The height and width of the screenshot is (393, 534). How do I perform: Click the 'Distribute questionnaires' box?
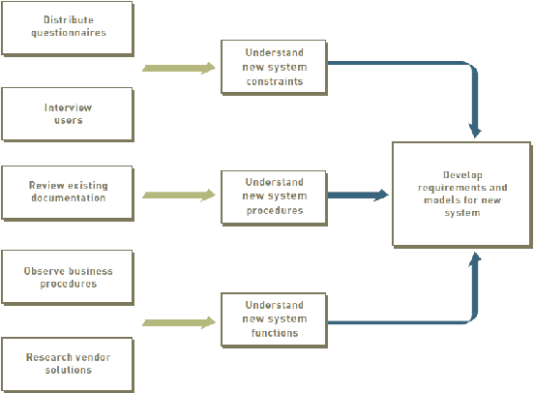[68, 29]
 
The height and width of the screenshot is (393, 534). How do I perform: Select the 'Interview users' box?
[68, 114]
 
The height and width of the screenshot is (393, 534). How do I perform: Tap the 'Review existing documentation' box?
[68, 194]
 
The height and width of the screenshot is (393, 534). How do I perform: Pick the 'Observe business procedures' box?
[68, 278]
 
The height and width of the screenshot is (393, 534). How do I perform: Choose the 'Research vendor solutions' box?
[68, 365]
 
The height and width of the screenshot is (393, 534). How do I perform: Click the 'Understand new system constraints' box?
[274, 68]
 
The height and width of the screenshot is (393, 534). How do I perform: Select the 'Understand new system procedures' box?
[274, 197]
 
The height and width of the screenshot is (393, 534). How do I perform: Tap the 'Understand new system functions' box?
[274, 320]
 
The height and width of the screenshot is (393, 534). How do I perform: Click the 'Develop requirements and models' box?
[462, 195]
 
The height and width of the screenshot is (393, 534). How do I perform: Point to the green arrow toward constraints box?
[179, 68]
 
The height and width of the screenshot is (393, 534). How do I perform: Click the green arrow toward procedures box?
[179, 195]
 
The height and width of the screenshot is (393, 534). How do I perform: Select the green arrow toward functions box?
[179, 322]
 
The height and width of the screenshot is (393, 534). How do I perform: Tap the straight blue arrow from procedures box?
[358, 195]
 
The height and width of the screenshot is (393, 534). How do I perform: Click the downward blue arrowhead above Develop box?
[475, 131]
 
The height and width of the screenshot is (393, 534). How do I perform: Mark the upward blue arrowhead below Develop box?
[475, 259]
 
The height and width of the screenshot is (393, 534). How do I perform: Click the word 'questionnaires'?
[69, 33]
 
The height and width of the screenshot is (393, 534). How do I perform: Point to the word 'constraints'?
[275, 81]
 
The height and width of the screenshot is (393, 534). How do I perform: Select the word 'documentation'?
[69, 197]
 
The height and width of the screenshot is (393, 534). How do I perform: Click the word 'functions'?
[275, 333]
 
